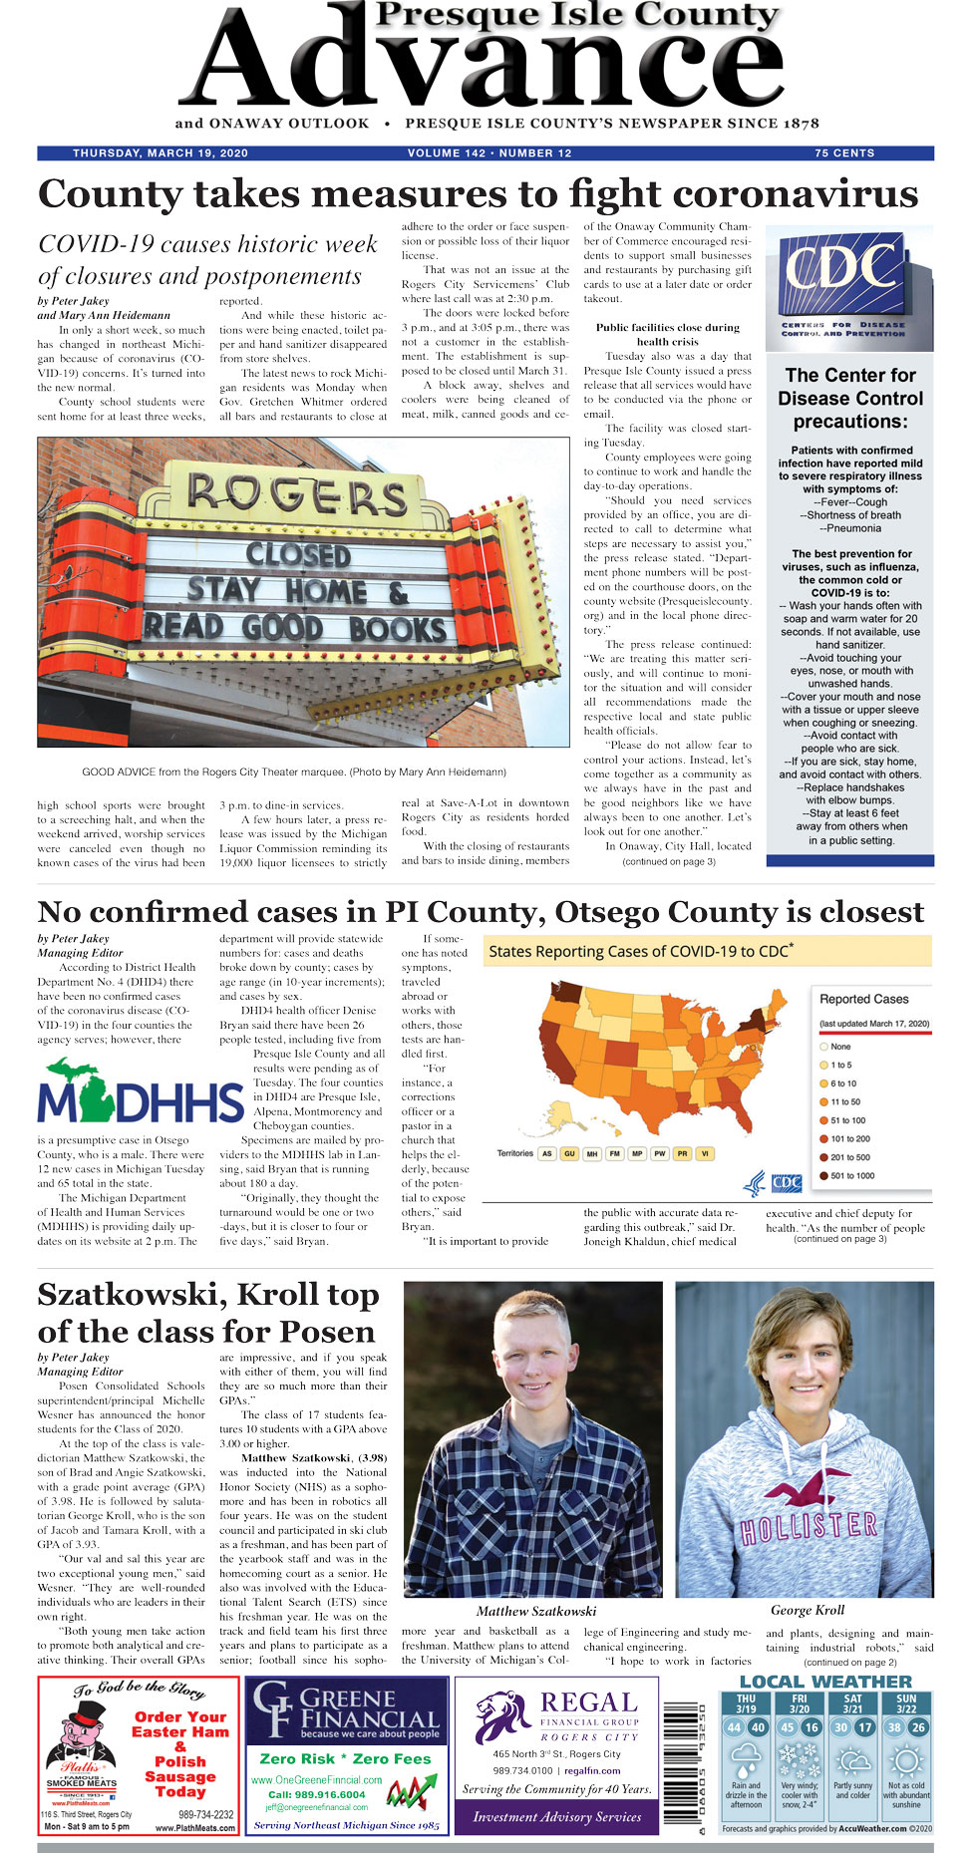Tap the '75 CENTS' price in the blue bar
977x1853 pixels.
[844, 154]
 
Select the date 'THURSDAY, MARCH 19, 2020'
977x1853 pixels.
[161, 154]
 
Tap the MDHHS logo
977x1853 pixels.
[140, 1092]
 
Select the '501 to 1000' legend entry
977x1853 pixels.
[852, 1175]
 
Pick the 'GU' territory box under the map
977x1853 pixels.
[569, 1153]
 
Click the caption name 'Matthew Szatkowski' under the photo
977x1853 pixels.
[536, 1611]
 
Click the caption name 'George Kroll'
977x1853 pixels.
[808, 1610]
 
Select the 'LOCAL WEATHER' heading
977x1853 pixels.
[825, 1682]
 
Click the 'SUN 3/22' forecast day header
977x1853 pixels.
[906, 1703]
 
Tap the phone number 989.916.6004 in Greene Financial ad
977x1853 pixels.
[316, 1794]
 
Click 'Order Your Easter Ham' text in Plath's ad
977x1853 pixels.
[180, 1724]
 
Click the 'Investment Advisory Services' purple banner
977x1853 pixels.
[556, 1817]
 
